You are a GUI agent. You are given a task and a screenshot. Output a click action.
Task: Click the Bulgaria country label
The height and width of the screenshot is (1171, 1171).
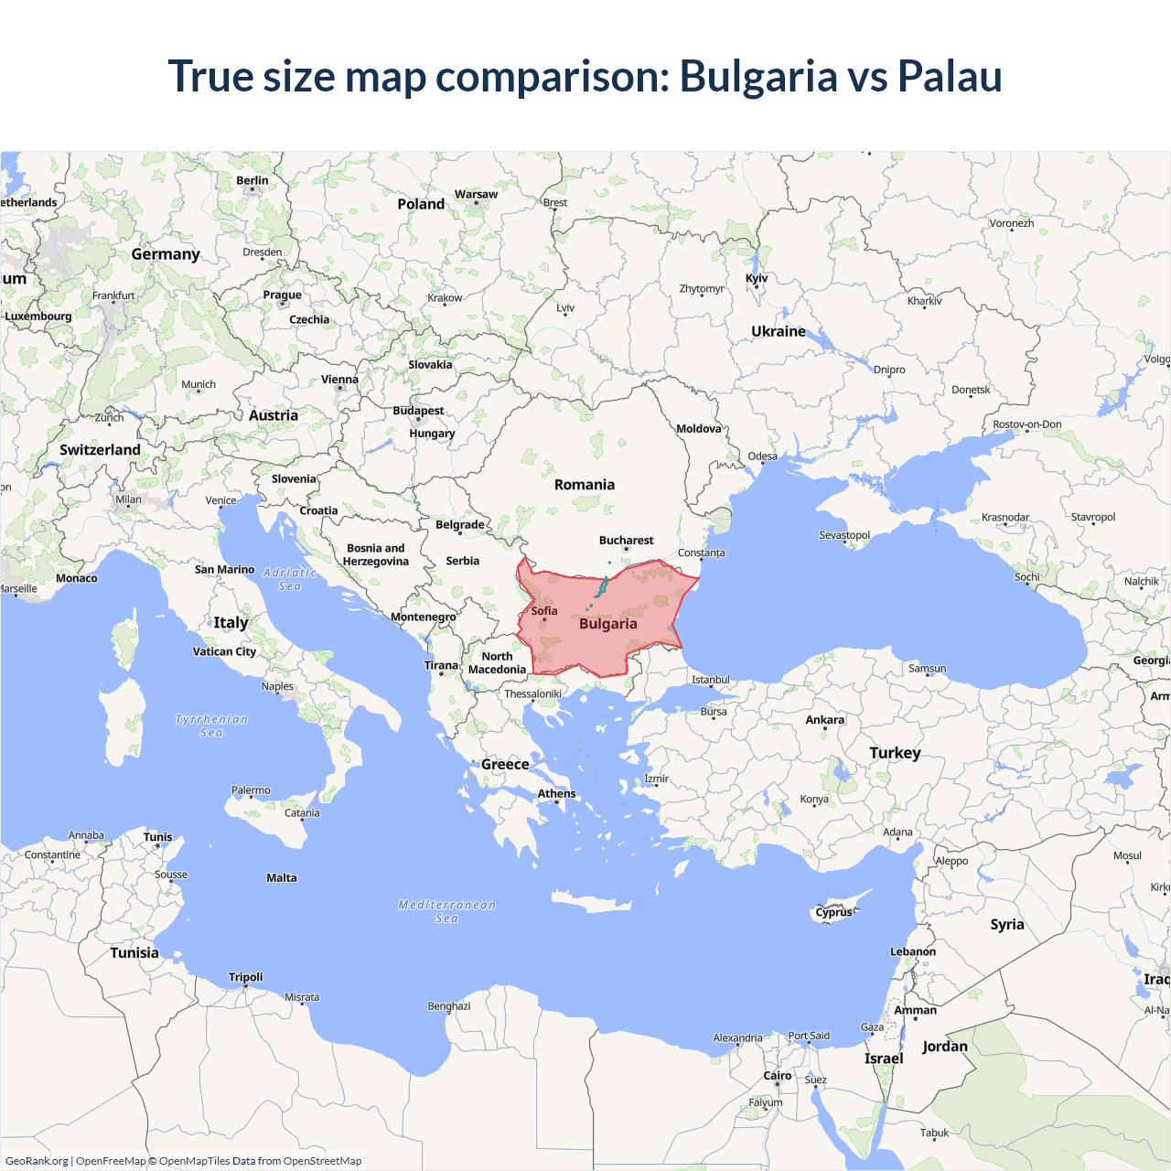tap(607, 624)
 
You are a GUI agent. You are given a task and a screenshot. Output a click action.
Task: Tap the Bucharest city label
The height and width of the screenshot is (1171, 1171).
tap(626, 541)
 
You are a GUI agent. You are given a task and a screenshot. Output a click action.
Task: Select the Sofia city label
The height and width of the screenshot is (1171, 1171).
tap(544, 611)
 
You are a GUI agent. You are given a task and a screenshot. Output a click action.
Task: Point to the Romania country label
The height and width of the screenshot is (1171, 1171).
tap(585, 485)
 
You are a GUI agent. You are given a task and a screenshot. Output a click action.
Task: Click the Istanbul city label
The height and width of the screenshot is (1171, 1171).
tap(711, 680)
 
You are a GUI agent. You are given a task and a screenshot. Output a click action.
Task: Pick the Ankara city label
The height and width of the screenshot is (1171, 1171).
tap(824, 720)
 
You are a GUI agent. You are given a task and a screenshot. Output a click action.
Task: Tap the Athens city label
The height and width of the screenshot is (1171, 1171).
tap(556, 794)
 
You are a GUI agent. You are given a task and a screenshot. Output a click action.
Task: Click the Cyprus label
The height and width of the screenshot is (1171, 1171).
tap(833, 912)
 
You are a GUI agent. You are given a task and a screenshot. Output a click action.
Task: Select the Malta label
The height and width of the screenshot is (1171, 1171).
tap(282, 878)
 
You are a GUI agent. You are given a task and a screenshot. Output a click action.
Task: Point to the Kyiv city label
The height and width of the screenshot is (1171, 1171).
tap(757, 278)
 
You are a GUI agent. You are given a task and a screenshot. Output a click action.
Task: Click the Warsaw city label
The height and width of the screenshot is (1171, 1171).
tap(476, 194)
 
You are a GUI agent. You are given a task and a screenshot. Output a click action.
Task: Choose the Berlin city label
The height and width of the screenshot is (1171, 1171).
tap(252, 180)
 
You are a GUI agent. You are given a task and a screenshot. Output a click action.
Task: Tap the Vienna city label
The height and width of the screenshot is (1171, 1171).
tap(339, 380)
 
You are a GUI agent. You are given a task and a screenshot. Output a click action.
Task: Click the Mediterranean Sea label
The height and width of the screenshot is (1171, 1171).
tap(446, 911)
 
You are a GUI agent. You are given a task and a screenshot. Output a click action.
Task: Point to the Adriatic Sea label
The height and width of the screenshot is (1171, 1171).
tap(289, 579)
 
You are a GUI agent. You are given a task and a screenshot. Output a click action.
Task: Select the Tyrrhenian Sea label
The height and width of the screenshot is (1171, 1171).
tap(211, 725)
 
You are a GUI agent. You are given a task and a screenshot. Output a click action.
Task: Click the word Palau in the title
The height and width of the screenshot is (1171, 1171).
tap(950, 76)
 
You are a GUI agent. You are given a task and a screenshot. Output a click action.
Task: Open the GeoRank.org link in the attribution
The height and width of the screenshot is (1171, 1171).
tap(37, 1161)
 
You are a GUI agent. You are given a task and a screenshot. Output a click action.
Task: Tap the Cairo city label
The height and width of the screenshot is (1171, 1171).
tap(777, 1076)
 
